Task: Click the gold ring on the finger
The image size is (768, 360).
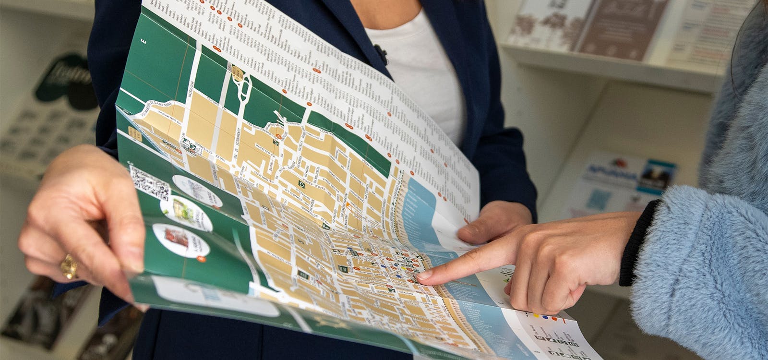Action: tap(69, 266)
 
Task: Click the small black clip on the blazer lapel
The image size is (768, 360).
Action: tap(381, 52)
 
